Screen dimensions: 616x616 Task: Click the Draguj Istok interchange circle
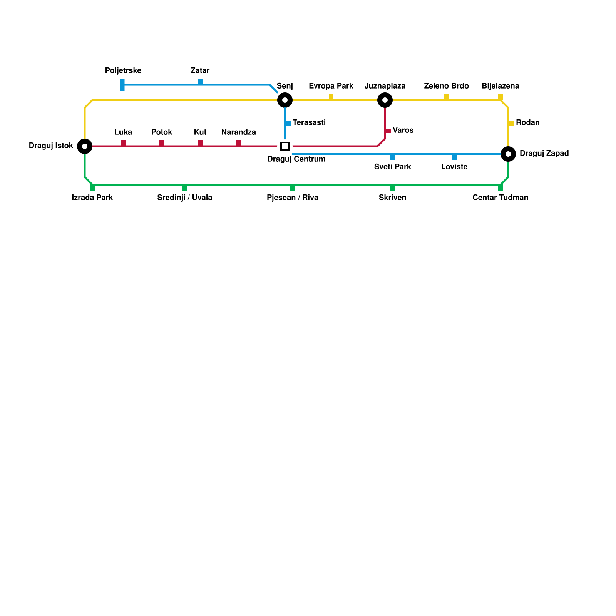85,146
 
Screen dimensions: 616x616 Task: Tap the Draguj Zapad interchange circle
508,154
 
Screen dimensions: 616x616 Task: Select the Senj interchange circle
285,100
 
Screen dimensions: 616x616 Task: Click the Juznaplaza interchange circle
385,100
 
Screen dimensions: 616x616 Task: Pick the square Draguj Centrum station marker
285,146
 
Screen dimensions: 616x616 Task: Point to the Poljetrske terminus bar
122,85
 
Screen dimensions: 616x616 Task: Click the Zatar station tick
200,82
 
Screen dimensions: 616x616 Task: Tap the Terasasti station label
309,123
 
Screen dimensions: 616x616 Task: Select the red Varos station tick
388,131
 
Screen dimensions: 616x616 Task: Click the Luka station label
123,132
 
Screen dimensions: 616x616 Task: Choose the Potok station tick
162,143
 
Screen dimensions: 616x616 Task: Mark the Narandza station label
239,132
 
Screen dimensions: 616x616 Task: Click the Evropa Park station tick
331,97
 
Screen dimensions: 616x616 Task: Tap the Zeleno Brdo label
447,86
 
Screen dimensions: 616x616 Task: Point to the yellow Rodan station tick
511,123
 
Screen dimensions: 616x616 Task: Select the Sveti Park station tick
393,157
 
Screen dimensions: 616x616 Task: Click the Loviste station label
454,167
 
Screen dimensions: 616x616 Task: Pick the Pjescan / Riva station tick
293,188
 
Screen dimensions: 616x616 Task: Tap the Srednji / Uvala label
185,198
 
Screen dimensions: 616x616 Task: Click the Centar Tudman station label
500,198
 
